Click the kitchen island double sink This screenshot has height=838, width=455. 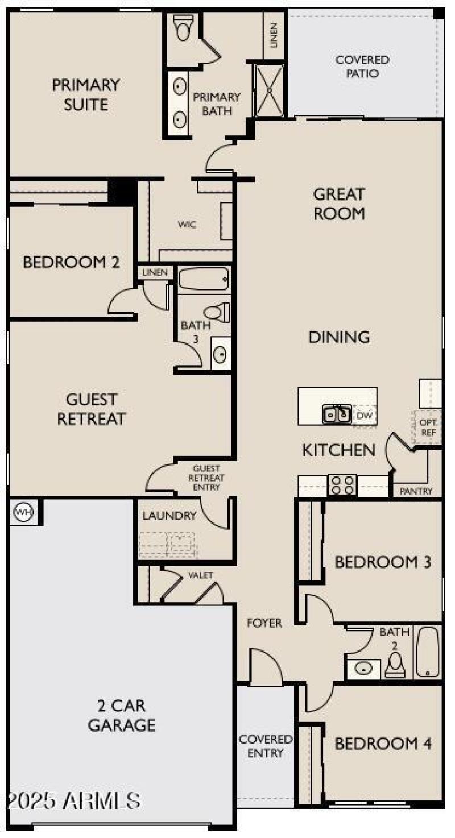point(337,413)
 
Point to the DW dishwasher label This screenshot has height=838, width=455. point(364,415)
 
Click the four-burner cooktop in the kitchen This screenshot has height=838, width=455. point(342,485)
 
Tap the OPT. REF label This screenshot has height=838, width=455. point(428,427)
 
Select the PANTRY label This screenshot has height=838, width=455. point(416,491)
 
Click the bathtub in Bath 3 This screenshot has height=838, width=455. point(204,279)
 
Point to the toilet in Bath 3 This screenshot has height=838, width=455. point(217,312)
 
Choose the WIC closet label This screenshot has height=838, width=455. point(187,225)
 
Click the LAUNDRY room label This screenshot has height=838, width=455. point(169,516)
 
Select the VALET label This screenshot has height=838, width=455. point(201,575)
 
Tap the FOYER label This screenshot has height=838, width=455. point(264,623)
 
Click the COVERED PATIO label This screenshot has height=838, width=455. point(362,67)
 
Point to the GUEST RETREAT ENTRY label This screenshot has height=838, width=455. point(206,478)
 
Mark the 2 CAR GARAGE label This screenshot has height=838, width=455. point(121,715)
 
